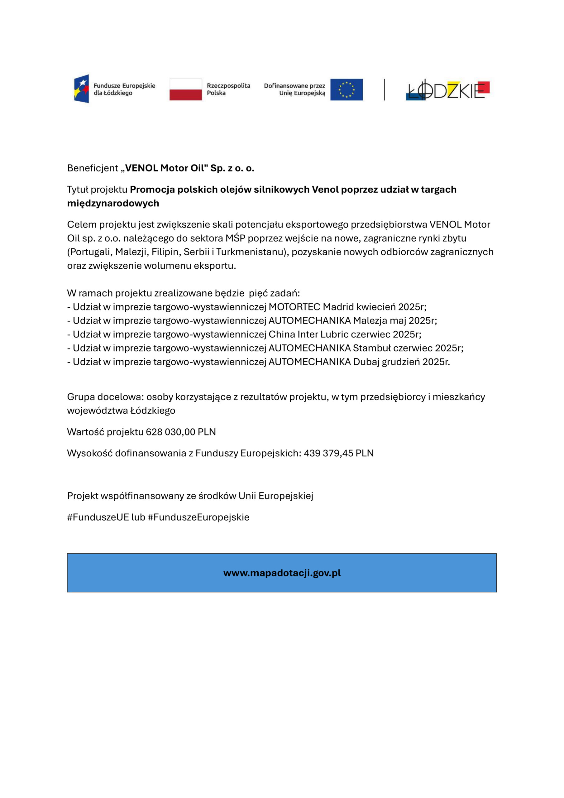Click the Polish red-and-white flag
click(x=186, y=89)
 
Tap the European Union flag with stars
click(x=346, y=89)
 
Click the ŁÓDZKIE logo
click(x=447, y=90)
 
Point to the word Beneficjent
click(x=93, y=168)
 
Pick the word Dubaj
click(x=366, y=362)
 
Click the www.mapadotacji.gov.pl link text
click(x=282, y=573)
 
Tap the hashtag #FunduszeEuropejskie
click(x=198, y=517)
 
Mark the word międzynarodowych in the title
click(x=113, y=203)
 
